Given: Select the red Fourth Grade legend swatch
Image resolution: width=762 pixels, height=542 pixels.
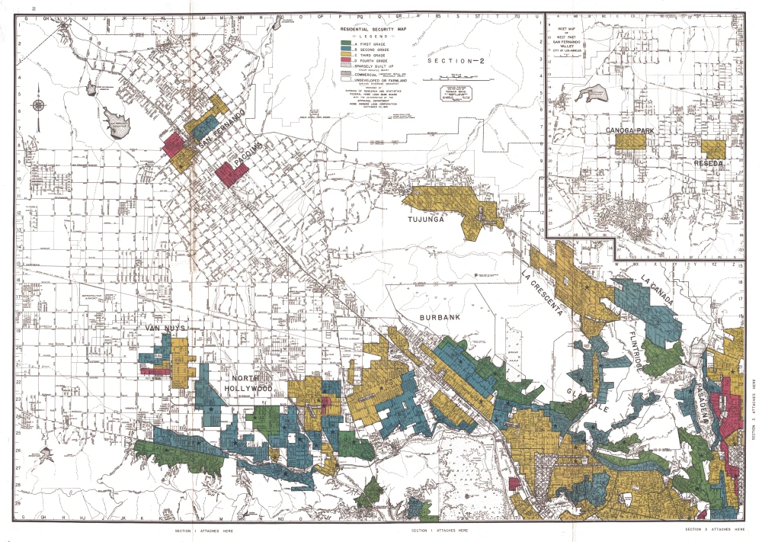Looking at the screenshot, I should click(x=345, y=63).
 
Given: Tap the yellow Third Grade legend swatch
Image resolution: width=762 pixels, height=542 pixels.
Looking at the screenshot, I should click(x=345, y=56).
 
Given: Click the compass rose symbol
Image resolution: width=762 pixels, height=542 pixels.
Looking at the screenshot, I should click(x=37, y=106).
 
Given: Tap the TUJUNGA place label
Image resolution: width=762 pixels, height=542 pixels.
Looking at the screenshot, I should click(x=424, y=219).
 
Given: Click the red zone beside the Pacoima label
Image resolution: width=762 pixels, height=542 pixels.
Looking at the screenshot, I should click(x=231, y=173).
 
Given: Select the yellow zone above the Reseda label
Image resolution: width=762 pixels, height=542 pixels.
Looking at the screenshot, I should click(x=713, y=149).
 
